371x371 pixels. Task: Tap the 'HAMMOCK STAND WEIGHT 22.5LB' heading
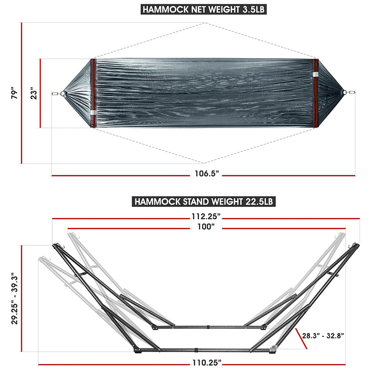[x=204, y=201]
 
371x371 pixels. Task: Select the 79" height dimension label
[x=14, y=93]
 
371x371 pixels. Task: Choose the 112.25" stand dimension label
[x=206, y=216]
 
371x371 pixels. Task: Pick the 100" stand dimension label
[x=206, y=227]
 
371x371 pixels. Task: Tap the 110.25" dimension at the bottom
[x=206, y=363]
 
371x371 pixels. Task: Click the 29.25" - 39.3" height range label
[x=14, y=299]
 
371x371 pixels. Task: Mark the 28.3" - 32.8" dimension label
[x=323, y=336]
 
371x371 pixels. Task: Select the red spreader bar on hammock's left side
[x=93, y=93]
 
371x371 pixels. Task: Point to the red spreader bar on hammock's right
[x=316, y=93]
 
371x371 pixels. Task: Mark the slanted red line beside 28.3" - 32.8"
[x=301, y=338]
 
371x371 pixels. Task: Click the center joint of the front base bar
[x=195, y=350]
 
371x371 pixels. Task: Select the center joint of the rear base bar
[x=208, y=327]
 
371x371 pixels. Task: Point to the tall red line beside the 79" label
[x=21, y=93]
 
